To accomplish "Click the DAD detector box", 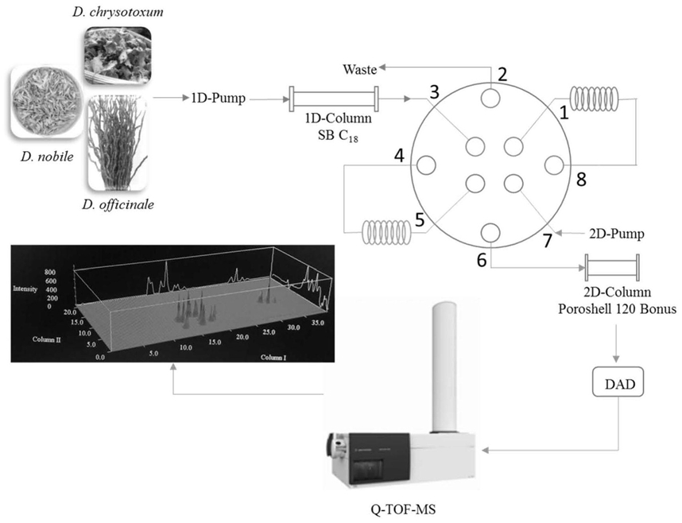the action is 618,383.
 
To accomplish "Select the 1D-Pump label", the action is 219,99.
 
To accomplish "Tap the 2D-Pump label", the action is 616,234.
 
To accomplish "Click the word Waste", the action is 360,70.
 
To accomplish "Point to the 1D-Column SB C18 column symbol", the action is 334,99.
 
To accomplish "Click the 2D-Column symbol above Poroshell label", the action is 612,268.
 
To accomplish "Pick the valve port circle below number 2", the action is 490,98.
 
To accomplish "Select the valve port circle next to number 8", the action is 554,165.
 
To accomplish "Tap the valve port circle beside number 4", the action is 426,165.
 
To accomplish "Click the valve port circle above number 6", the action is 490,233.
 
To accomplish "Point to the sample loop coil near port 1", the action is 594,99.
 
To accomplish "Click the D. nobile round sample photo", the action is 45,103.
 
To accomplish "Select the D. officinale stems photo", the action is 118,144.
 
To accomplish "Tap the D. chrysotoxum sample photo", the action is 118,55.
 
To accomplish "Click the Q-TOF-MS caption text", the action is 403,509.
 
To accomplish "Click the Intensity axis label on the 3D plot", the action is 25,289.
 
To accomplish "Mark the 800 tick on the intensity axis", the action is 50,273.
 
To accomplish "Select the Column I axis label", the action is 273,357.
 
